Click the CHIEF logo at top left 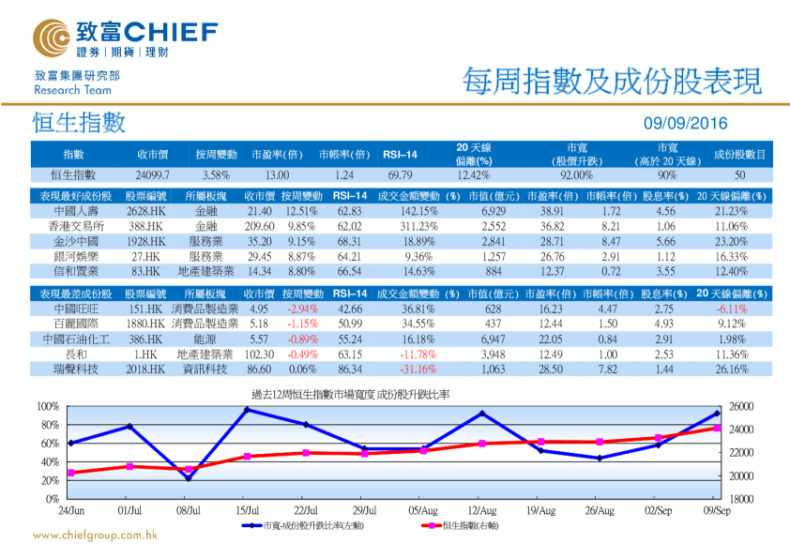click(x=123, y=38)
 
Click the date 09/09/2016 click(x=685, y=124)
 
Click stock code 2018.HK click(x=147, y=369)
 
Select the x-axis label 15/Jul click(x=248, y=510)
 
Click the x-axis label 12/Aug click(x=481, y=510)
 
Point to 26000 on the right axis click(x=741, y=406)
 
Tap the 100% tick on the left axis click(x=47, y=406)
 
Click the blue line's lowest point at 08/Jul click(x=189, y=478)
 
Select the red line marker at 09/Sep click(x=717, y=428)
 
